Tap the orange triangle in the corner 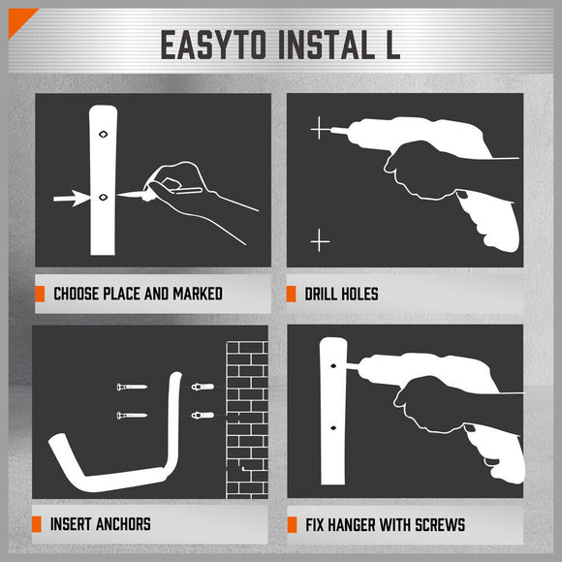[15, 16]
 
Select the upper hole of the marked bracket [103, 135]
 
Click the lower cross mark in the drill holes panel [320, 239]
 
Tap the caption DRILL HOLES [341, 294]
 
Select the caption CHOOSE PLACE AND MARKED [138, 294]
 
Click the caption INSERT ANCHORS [102, 524]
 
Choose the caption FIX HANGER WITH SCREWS [385, 525]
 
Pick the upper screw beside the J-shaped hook [130, 389]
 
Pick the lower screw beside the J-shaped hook [130, 417]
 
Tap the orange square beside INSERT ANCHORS [40, 524]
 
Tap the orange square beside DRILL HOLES [291, 294]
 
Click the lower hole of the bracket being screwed [334, 426]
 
